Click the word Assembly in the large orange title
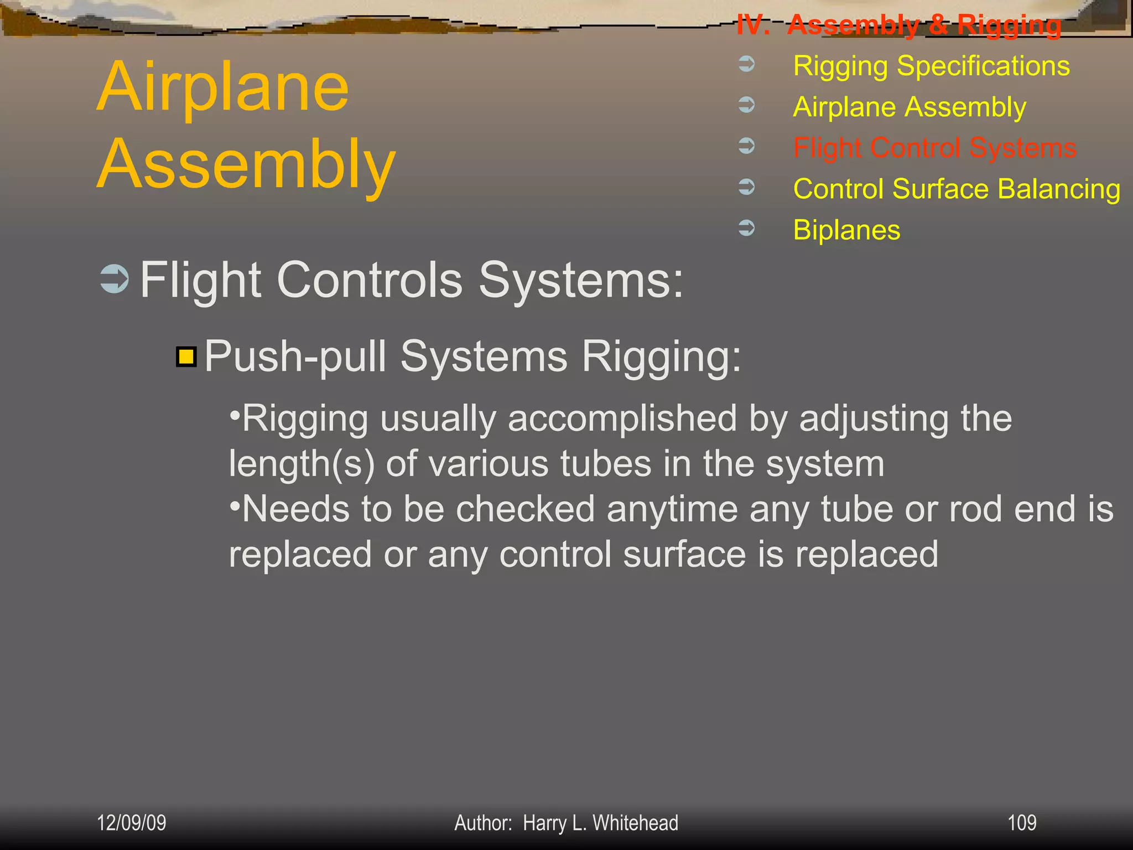pos(246,165)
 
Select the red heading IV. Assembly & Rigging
pos(898,25)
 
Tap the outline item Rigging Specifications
pos(931,66)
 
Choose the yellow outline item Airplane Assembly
pos(909,107)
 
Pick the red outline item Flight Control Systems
pos(934,148)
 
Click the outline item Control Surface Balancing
pos(957,189)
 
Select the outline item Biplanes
pos(846,230)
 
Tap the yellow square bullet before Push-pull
pos(186,357)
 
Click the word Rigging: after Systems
pos(661,357)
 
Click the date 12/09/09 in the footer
pos(131,823)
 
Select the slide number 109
pos(1021,823)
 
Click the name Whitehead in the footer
pos(635,823)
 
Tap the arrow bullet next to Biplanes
pos(746,227)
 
